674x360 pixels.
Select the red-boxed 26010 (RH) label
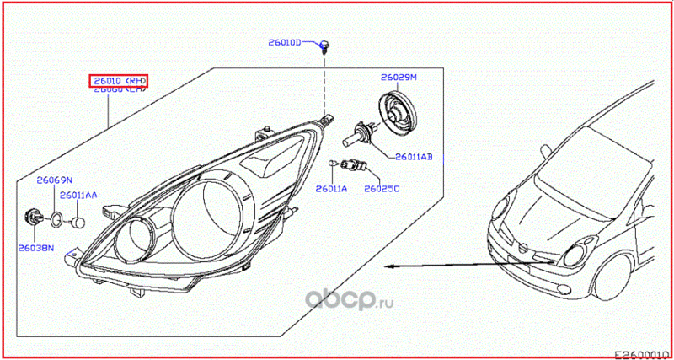coord(120,81)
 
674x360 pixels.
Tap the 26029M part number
coord(398,77)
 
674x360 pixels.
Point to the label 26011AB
coord(413,157)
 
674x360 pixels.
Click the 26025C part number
coord(382,189)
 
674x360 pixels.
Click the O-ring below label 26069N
coord(56,221)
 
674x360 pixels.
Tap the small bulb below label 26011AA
coord(79,223)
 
